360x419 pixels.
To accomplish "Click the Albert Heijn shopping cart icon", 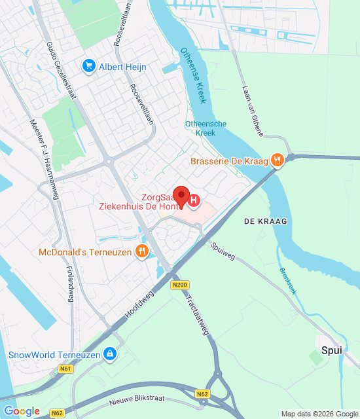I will [88, 66].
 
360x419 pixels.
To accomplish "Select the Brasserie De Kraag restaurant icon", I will [278, 160].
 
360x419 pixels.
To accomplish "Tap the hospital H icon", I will [195, 200].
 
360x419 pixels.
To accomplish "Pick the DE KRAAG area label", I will [266, 223].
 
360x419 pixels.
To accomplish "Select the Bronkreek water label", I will [288, 280].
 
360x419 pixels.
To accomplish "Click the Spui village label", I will [332, 351].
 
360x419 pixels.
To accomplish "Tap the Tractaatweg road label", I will [197, 314].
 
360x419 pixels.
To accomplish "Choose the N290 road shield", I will [181, 285].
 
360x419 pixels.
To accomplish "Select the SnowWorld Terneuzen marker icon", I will [110, 355].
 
